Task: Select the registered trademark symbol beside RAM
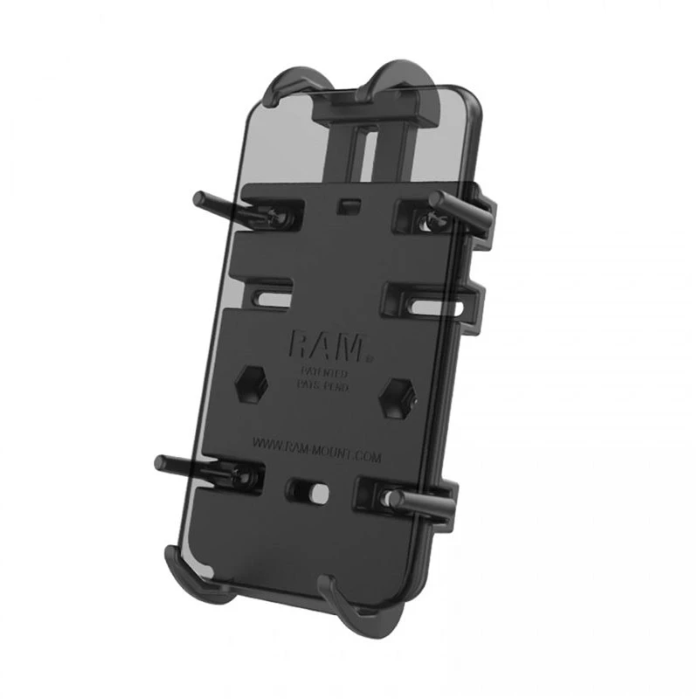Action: (369, 356)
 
